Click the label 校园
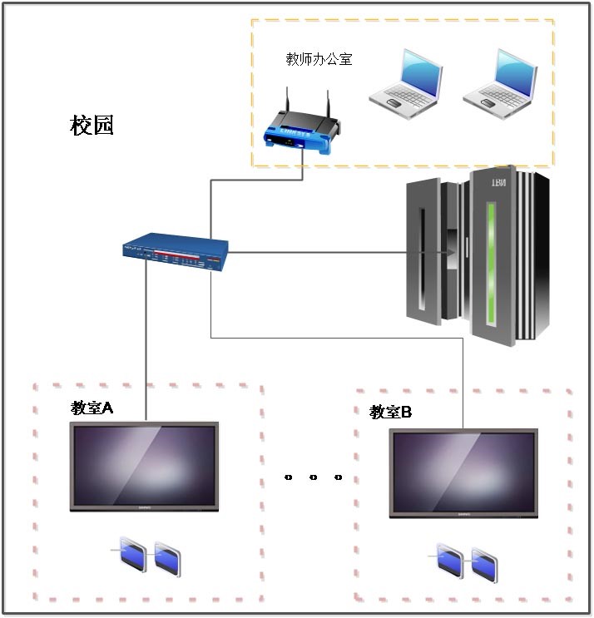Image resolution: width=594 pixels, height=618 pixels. [92, 126]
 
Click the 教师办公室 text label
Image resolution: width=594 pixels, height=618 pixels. [319, 59]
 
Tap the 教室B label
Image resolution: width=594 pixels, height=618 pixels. [391, 412]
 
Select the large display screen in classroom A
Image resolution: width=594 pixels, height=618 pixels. [144, 466]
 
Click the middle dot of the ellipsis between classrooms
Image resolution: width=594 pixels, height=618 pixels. [314, 477]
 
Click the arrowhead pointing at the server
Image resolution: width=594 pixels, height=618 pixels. [450, 252]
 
